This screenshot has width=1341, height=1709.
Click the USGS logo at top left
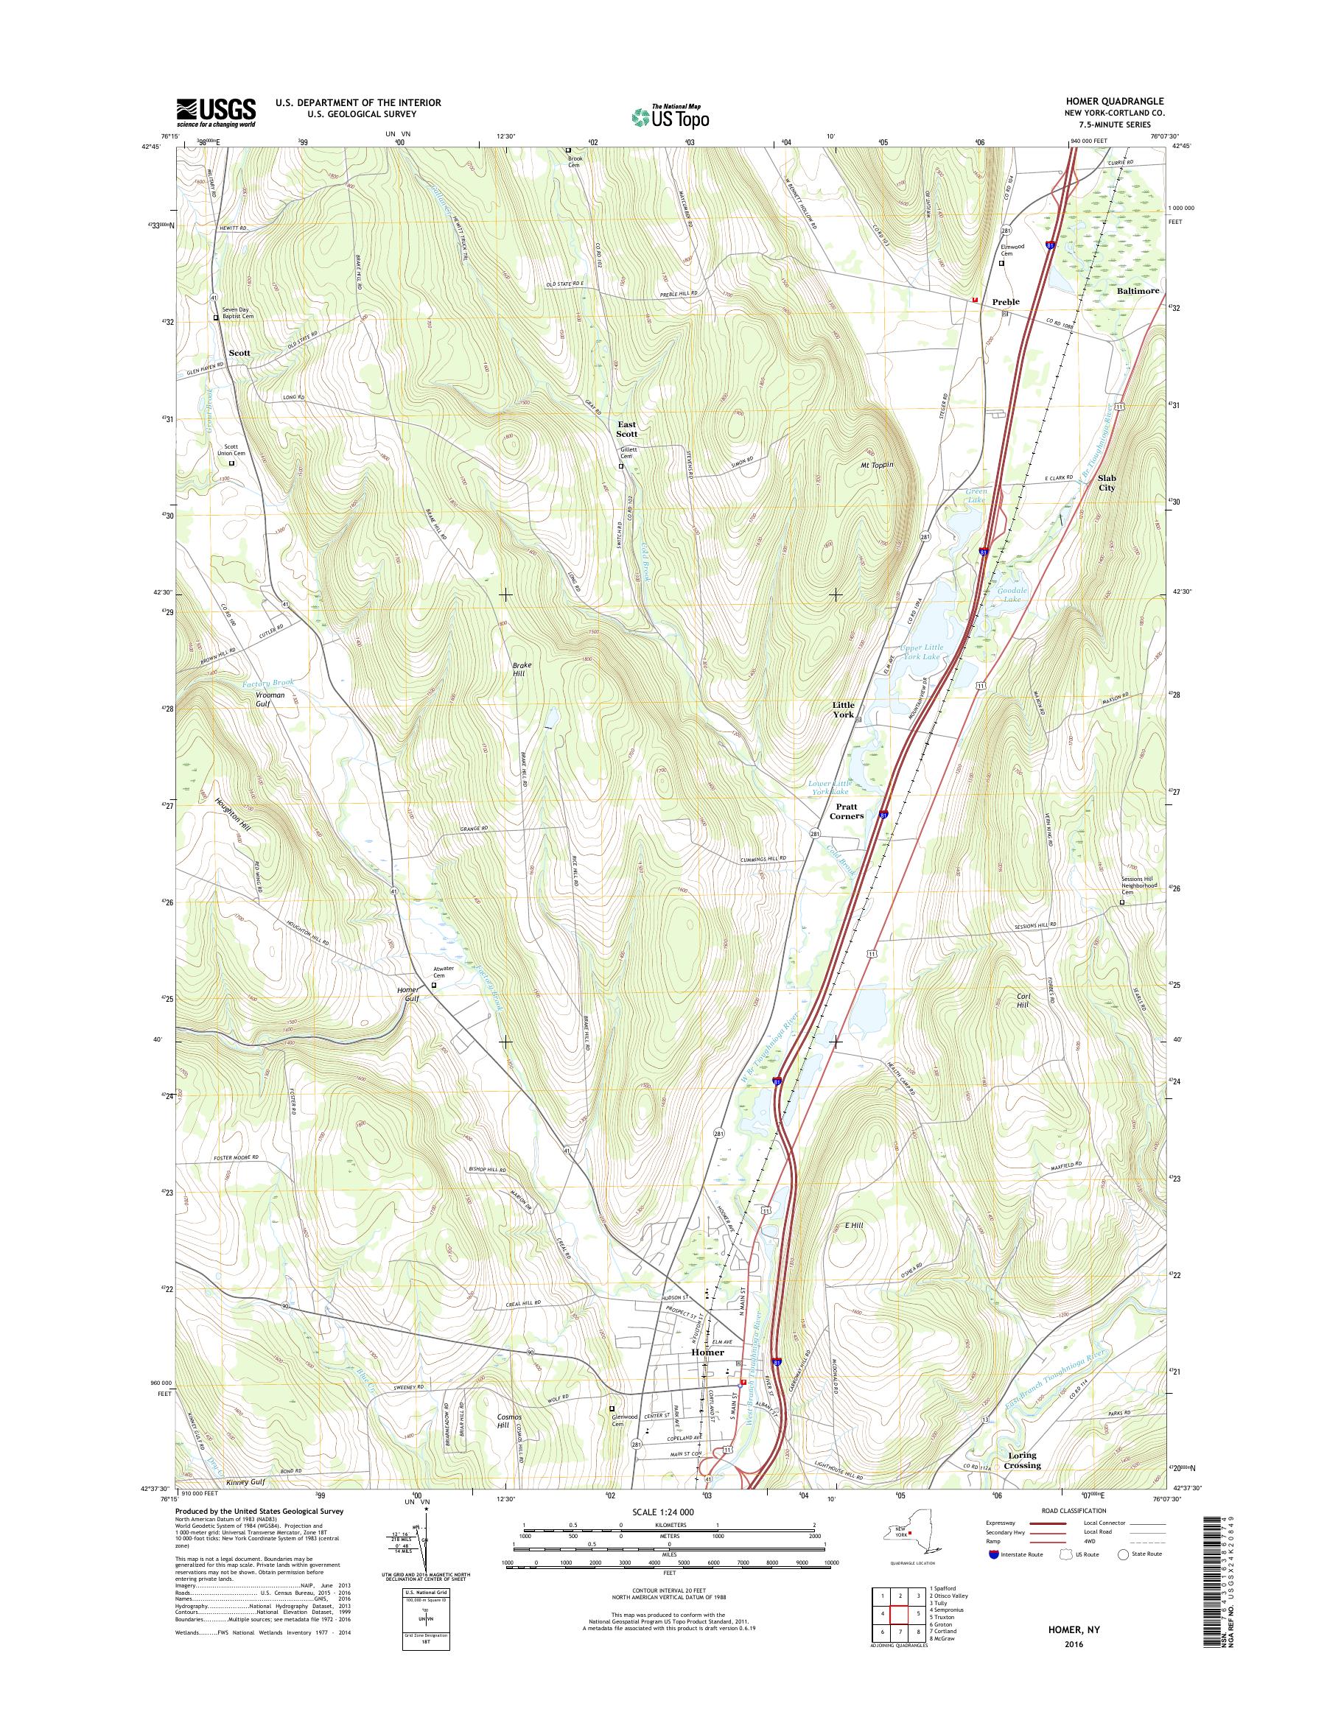tap(216, 112)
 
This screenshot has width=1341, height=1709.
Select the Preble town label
tap(1005, 301)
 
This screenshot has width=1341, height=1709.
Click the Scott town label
tap(239, 354)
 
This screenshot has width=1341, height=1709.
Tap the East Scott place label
tap(626, 429)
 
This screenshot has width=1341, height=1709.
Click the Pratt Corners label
tap(847, 811)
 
